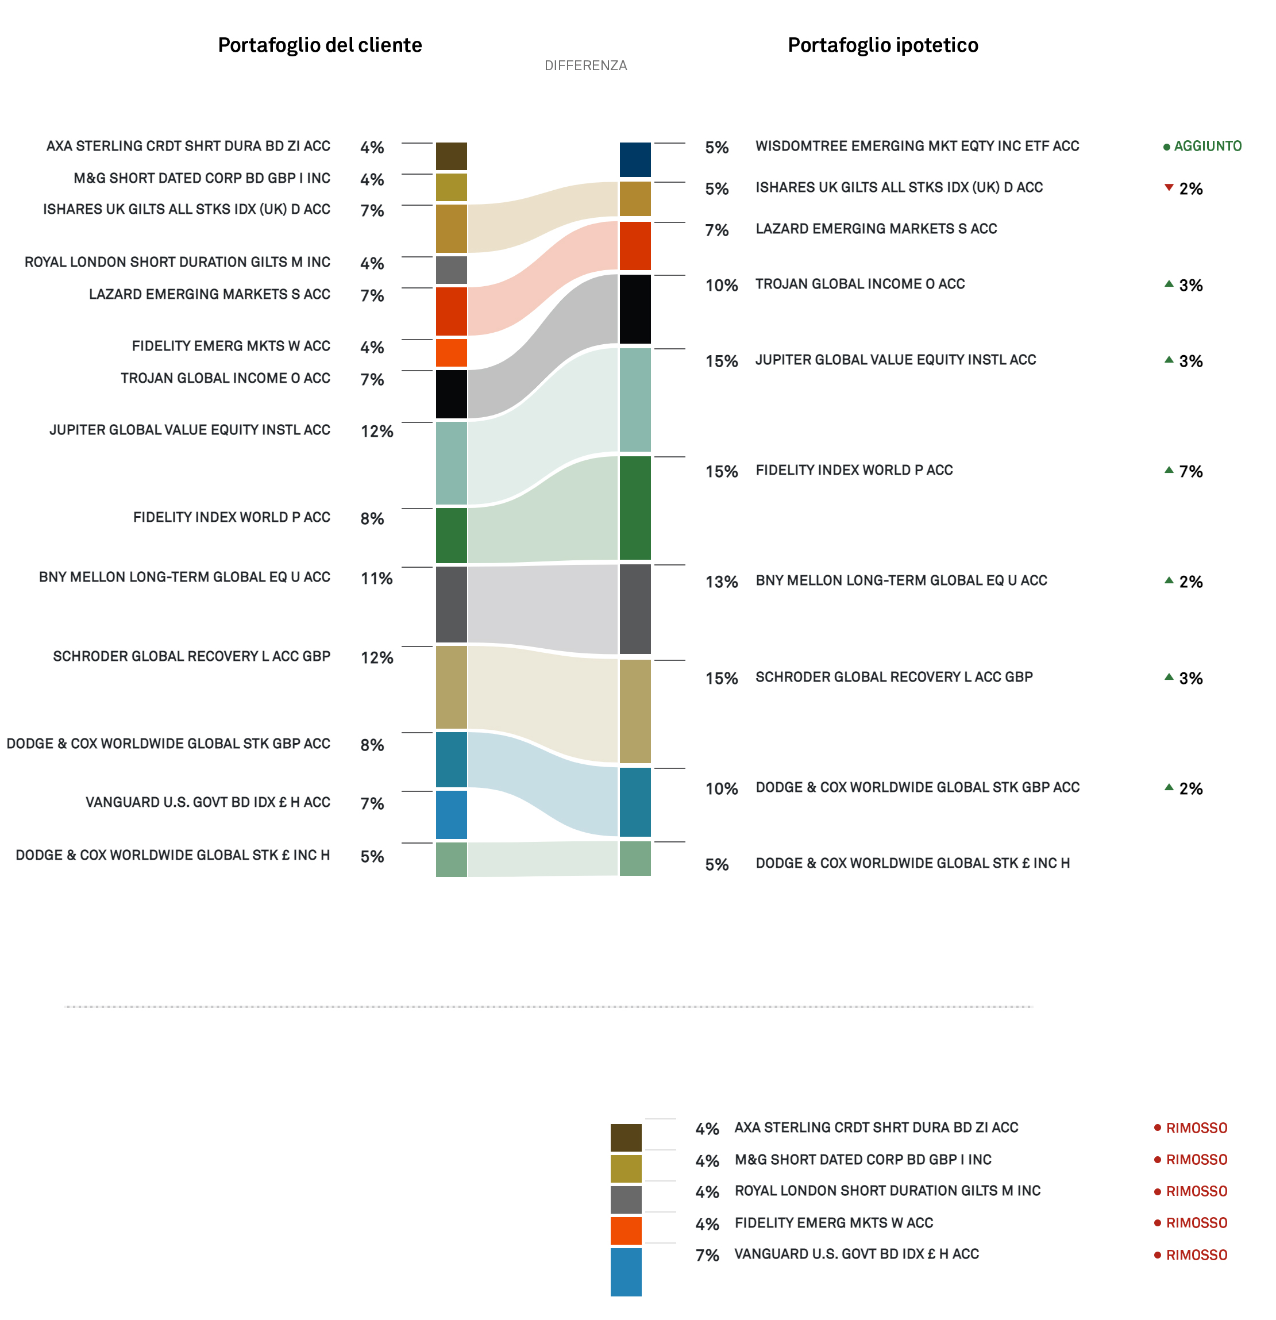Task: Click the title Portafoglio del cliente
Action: pos(320,45)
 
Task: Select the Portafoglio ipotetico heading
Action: pos(883,45)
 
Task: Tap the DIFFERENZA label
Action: pos(585,66)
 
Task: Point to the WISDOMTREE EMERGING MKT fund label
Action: pos(916,146)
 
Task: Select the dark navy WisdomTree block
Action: pos(635,160)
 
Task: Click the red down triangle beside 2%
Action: pos(1169,187)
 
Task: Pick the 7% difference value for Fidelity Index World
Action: pos(1190,471)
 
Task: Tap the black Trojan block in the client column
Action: pos(451,394)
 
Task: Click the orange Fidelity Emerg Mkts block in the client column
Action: pos(451,352)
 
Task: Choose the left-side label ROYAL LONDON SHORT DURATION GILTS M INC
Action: pos(177,262)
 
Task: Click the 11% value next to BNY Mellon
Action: pos(376,579)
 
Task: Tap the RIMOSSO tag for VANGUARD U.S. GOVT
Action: pos(1196,1254)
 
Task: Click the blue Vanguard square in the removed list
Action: pos(626,1272)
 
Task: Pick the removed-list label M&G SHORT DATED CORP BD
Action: pos(862,1160)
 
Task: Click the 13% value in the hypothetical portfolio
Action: pos(721,582)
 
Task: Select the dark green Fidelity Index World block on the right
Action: pos(635,508)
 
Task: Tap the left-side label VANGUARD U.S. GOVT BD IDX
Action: pos(207,802)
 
